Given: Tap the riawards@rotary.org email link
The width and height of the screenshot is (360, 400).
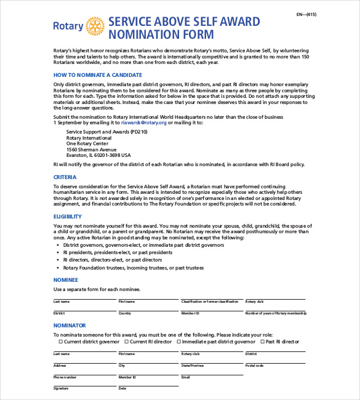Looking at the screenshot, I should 144,122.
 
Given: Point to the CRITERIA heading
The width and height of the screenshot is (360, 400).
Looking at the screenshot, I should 65,177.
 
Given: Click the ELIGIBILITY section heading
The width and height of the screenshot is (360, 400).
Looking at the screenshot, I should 67,217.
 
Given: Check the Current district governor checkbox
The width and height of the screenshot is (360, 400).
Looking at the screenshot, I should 60,342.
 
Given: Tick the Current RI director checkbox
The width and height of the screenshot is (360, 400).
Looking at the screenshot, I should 127,342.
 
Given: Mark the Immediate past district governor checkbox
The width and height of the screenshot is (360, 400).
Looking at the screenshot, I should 179,342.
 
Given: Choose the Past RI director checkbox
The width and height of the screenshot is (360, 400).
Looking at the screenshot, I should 262,342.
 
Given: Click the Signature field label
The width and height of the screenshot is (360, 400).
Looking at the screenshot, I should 60,388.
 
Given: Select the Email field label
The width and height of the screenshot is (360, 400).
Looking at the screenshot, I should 185,377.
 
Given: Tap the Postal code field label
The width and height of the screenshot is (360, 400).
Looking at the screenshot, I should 254,366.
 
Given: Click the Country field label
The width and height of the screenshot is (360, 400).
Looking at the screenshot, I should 125,313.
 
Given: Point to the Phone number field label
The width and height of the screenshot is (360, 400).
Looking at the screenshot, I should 65,377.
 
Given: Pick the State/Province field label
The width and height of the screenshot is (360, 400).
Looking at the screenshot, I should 192,366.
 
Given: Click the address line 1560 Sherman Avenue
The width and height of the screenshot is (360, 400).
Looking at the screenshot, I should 91,150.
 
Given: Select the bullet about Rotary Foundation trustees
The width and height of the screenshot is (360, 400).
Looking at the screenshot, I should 134,268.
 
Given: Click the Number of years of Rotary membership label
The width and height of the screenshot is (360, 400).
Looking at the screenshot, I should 275,313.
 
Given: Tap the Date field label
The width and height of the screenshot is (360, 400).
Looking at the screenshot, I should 122,388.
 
